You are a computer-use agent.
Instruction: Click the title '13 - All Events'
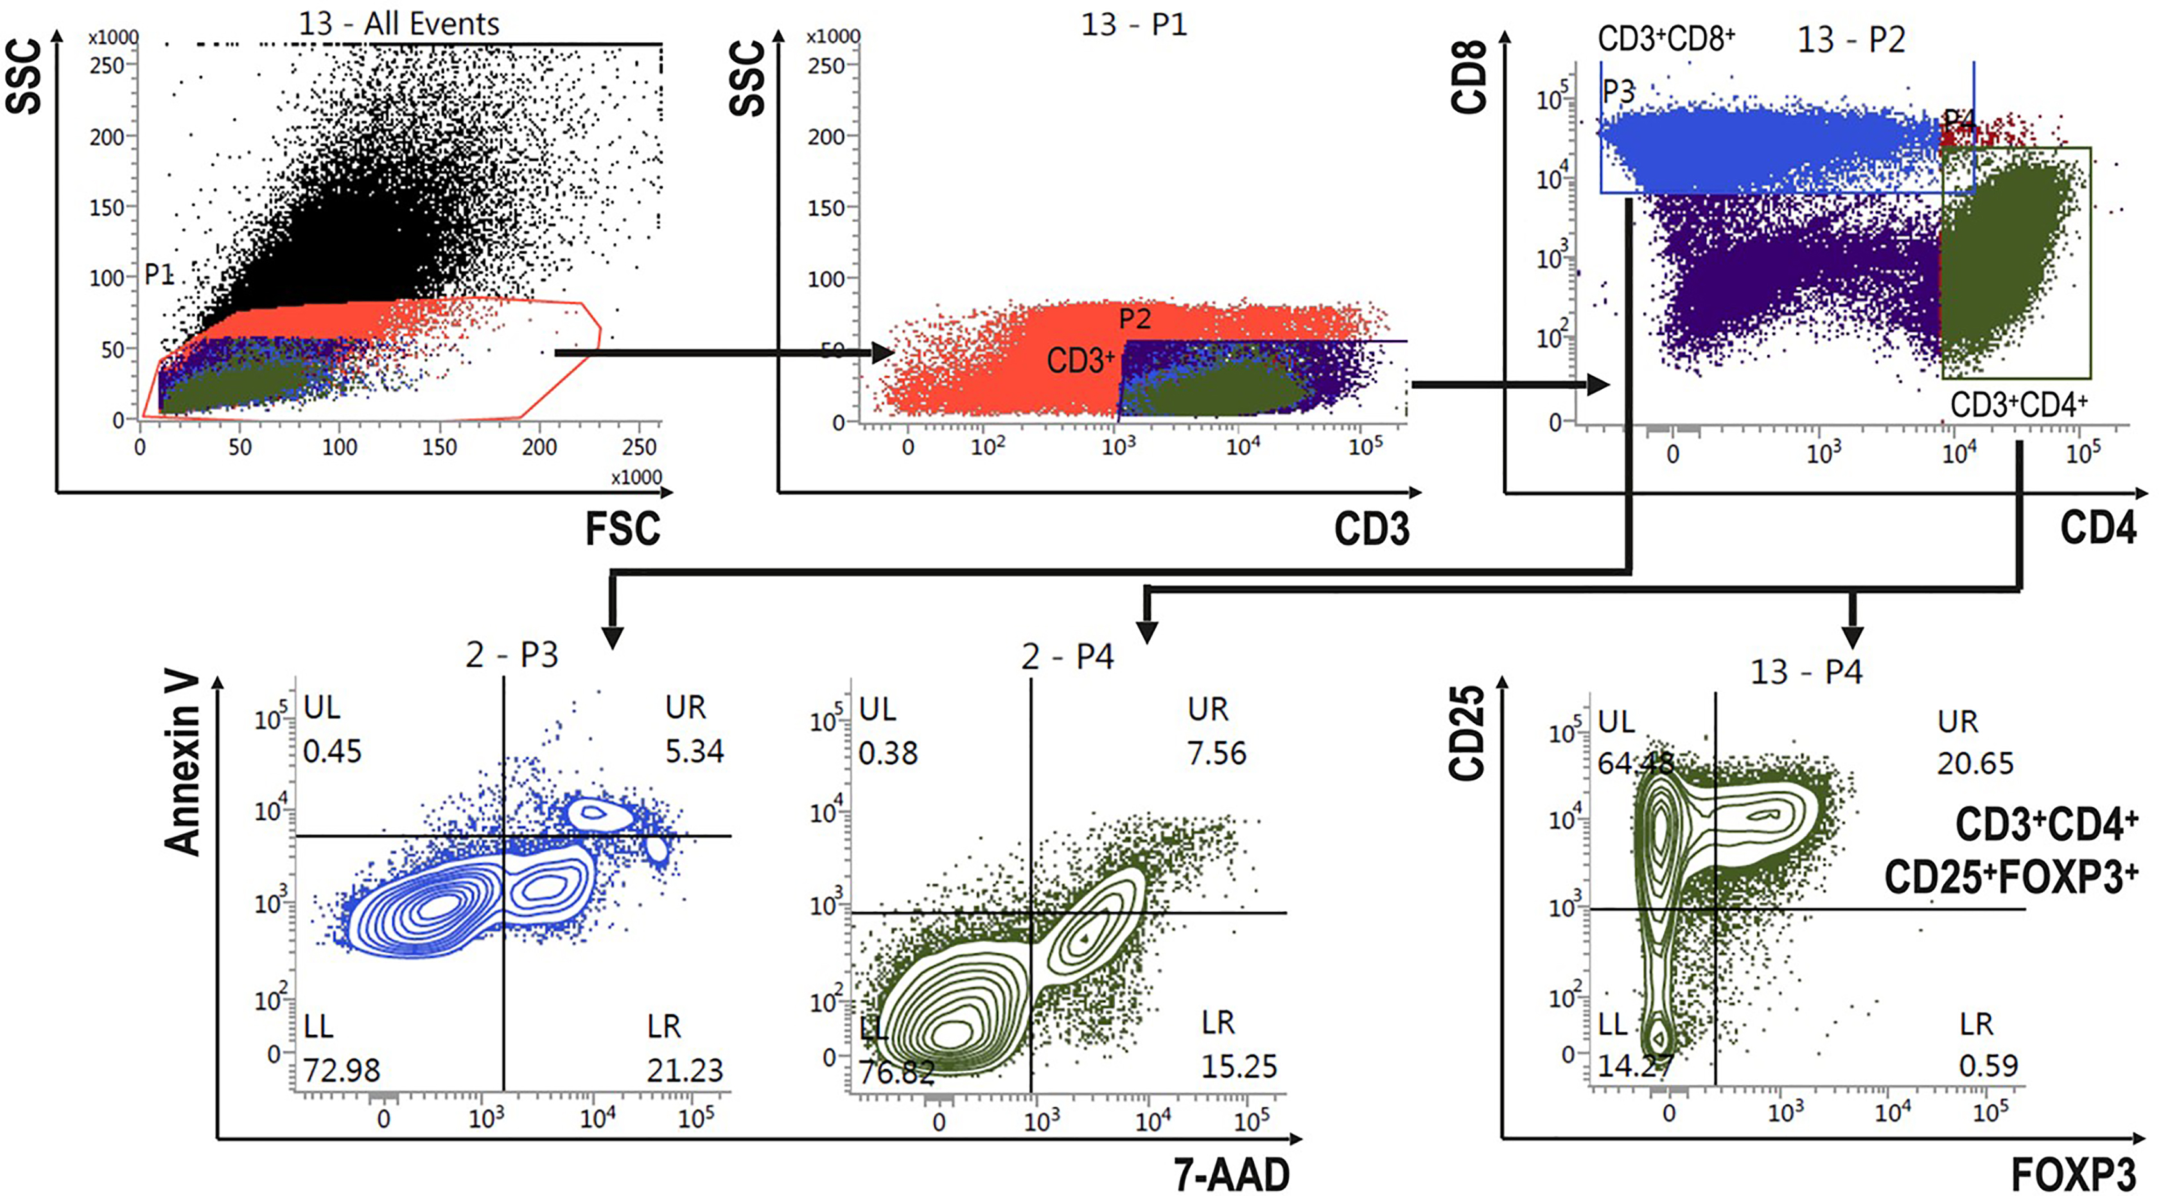pyautogui.click(x=399, y=24)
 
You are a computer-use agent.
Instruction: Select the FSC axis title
pyautogui.click(x=622, y=529)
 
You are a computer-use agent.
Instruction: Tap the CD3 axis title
pyautogui.click(x=1371, y=529)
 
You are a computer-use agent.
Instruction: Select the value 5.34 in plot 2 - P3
pyautogui.click(x=694, y=751)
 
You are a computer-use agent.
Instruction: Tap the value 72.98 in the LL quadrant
pyautogui.click(x=341, y=1070)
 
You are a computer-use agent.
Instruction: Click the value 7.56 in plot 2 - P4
pyautogui.click(x=1217, y=753)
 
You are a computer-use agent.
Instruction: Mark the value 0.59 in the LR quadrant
pyautogui.click(x=1988, y=1066)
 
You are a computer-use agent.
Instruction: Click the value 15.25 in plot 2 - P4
pyautogui.click(x=1239, y=1066)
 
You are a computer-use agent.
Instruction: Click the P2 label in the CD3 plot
pyautogui.click(x=1135, y=319)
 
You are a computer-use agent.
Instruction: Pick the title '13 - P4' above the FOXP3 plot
pyautogui.click(x=1806, y=671)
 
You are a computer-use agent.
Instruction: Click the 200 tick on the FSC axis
pyautogui.click(x=539, y=446)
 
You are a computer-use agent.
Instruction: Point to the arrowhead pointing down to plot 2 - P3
pyautogui.click(x=613, y=637)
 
